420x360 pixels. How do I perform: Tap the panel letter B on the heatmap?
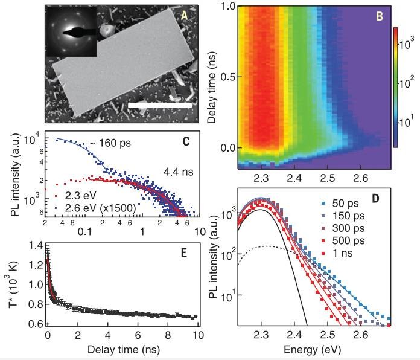click(x=380, y=17)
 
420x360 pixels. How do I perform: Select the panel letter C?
click(x=188, y=142)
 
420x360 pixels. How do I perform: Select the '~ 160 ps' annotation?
click(x=110, y=143)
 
